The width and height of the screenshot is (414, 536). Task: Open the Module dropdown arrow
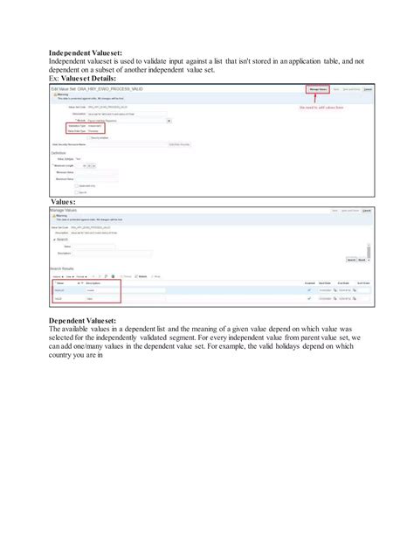(x=169, y=121)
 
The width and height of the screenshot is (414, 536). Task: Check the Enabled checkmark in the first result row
(x=309, y=290)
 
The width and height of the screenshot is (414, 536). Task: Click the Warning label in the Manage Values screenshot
(x=62, y=218)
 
